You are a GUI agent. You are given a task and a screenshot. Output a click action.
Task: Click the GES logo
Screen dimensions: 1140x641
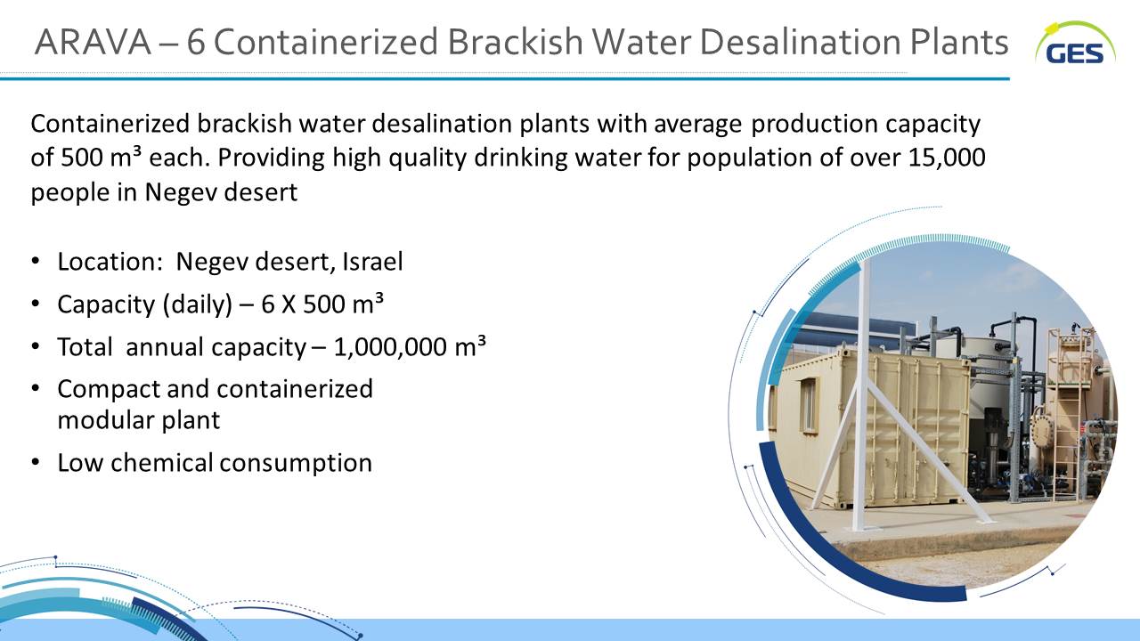(1075, 44)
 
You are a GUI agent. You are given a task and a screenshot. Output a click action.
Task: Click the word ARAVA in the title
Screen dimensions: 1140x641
(94, 42)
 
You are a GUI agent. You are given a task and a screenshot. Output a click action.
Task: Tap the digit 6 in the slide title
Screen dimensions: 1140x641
(196, 42)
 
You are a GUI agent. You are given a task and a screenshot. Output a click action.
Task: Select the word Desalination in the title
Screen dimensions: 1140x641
(801, 42)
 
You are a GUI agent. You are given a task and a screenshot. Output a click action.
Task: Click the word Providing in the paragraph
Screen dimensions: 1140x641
(271, 158)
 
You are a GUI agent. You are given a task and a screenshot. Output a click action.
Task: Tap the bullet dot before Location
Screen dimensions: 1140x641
(35, 262)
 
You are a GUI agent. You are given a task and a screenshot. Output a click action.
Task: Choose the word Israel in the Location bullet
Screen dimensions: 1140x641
(372, 262)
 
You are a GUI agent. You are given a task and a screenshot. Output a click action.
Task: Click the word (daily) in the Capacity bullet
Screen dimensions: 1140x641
(198, 304)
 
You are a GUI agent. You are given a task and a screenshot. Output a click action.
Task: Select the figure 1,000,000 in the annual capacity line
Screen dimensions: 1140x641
(390, 347)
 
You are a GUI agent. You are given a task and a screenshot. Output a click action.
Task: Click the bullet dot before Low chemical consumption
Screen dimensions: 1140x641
(35, 462)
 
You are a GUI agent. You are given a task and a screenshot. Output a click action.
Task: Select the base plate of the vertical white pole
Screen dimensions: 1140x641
(861, 529)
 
